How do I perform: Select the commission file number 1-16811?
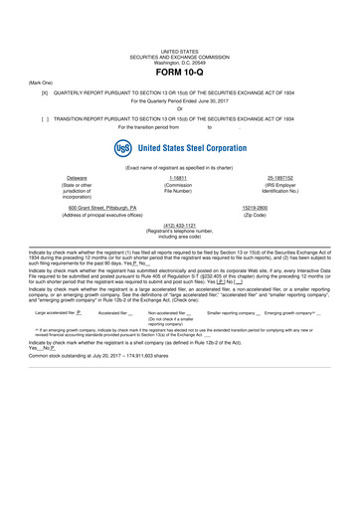(x=180, y=177)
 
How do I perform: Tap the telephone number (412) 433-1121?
(x=180, y=225)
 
